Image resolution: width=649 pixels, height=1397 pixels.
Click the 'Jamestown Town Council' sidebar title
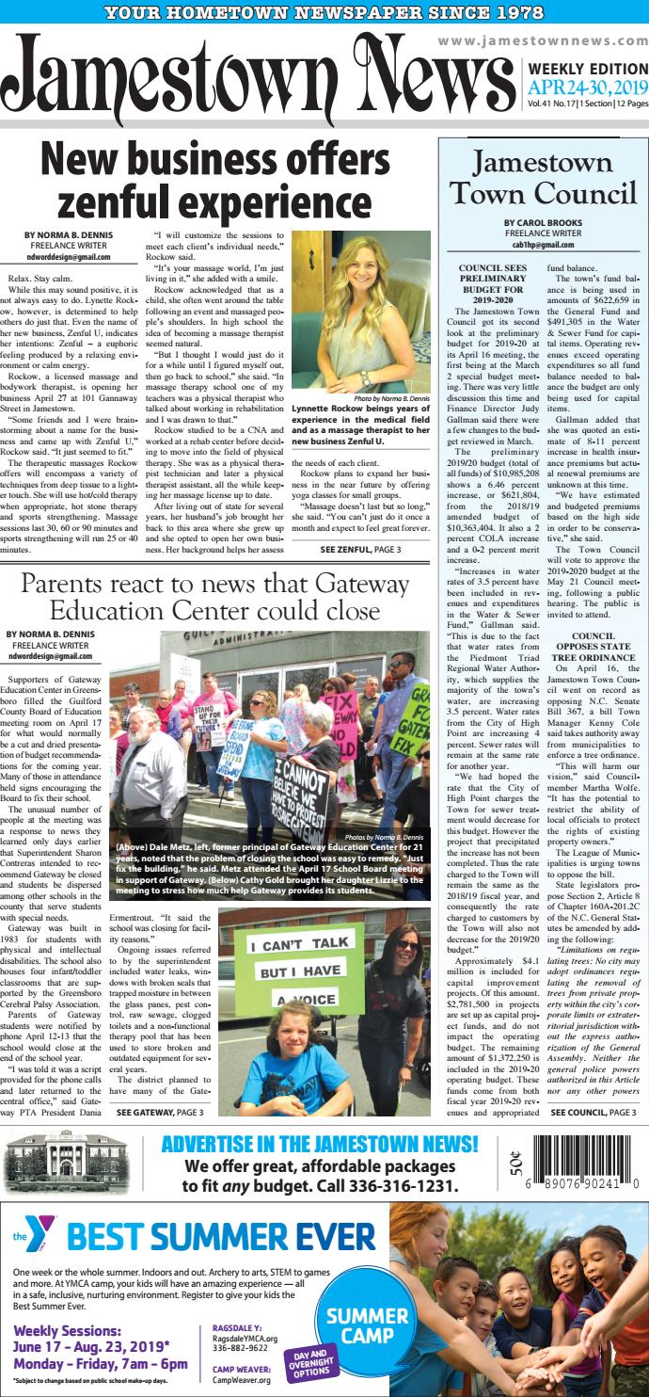click(542, 179)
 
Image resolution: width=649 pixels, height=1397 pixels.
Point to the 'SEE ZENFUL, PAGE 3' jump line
click(360, 549)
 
